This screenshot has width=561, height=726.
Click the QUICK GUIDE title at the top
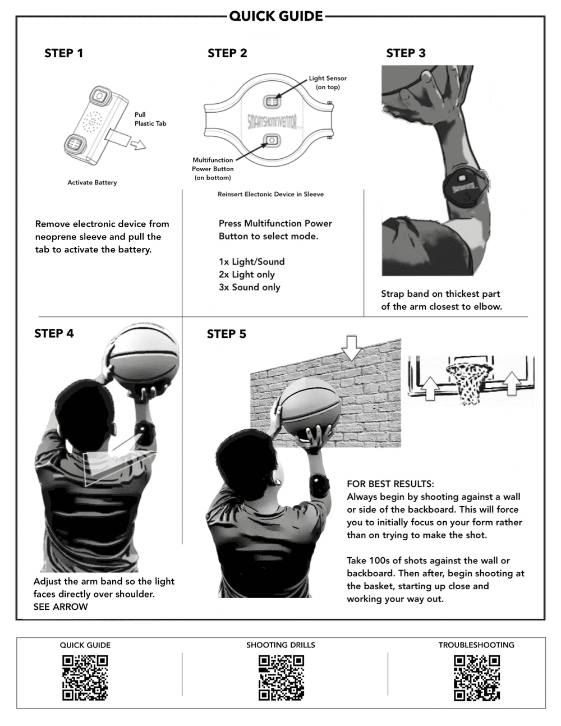275,16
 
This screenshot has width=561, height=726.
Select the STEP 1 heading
63,53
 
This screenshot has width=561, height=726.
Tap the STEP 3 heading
406,53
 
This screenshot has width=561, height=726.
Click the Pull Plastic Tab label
150,119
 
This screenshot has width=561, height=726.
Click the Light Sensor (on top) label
328,82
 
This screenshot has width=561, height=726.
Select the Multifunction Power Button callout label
213,169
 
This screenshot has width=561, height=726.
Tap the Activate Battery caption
92,182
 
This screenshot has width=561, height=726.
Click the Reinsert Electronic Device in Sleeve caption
270,194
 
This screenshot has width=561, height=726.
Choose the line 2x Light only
247,274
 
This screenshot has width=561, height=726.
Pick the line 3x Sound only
249,287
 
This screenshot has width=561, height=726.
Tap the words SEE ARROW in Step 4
61,606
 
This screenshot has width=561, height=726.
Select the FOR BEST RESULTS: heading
390,484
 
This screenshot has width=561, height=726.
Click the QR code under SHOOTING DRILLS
281,678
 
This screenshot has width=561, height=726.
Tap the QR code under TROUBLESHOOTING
476,678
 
